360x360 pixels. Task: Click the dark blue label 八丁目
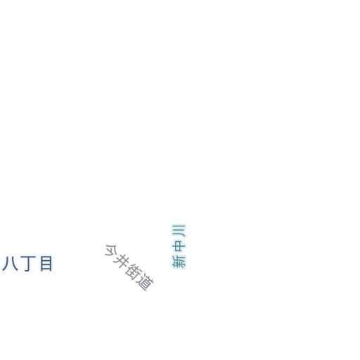coord(27,264)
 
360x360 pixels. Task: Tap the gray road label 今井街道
coord(129,268)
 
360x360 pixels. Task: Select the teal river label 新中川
coord(179,246)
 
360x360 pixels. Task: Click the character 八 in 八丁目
coord(10,264)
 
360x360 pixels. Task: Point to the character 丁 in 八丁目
coord(28,264)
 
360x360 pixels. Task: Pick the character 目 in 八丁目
coord(46,264)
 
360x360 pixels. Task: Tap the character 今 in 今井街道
coord(110,250)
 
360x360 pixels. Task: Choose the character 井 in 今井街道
coord(121,261)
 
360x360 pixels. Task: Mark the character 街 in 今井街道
coord(133,272)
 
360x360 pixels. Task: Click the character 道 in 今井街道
coord(145,283)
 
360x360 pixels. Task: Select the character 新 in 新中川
coord(179,262)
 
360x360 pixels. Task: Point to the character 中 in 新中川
coord(179,247)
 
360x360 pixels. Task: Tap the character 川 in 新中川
coord(179,231)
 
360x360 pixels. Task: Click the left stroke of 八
coord(6,264)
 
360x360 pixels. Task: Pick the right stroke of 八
coord(14,264)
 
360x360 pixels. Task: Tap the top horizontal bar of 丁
coord(28,257)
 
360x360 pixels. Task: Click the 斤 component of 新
coord(179,258)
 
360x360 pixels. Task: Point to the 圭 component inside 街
coord(133,272)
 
